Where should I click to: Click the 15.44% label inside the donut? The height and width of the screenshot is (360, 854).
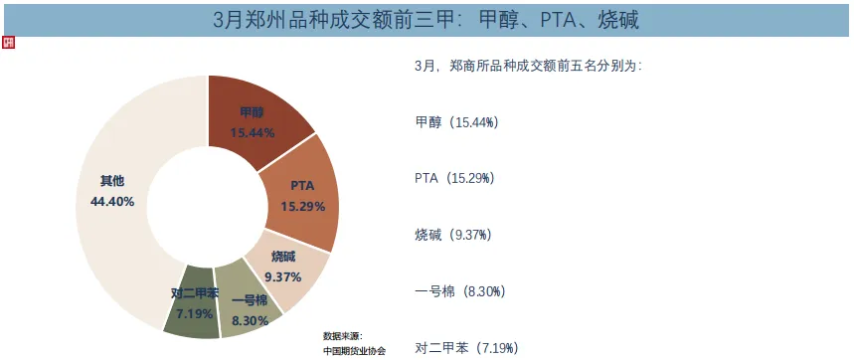pos(253,132)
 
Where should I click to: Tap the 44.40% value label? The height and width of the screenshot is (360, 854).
pos(111,200)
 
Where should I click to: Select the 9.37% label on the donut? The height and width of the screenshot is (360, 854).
pos(283,275)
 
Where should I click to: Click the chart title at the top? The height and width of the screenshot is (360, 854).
pos(427,19)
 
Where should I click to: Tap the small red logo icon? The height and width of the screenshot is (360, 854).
pos(9,45)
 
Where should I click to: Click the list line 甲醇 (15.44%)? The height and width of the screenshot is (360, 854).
pos(455,122)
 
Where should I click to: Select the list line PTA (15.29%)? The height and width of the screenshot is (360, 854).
pos(454,179)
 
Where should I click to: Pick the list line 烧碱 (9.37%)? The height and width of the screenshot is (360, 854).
pos(452,236)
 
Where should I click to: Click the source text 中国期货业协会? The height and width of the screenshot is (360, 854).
pos(355,350)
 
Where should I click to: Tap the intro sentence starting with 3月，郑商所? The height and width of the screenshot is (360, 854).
pos(528,67)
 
